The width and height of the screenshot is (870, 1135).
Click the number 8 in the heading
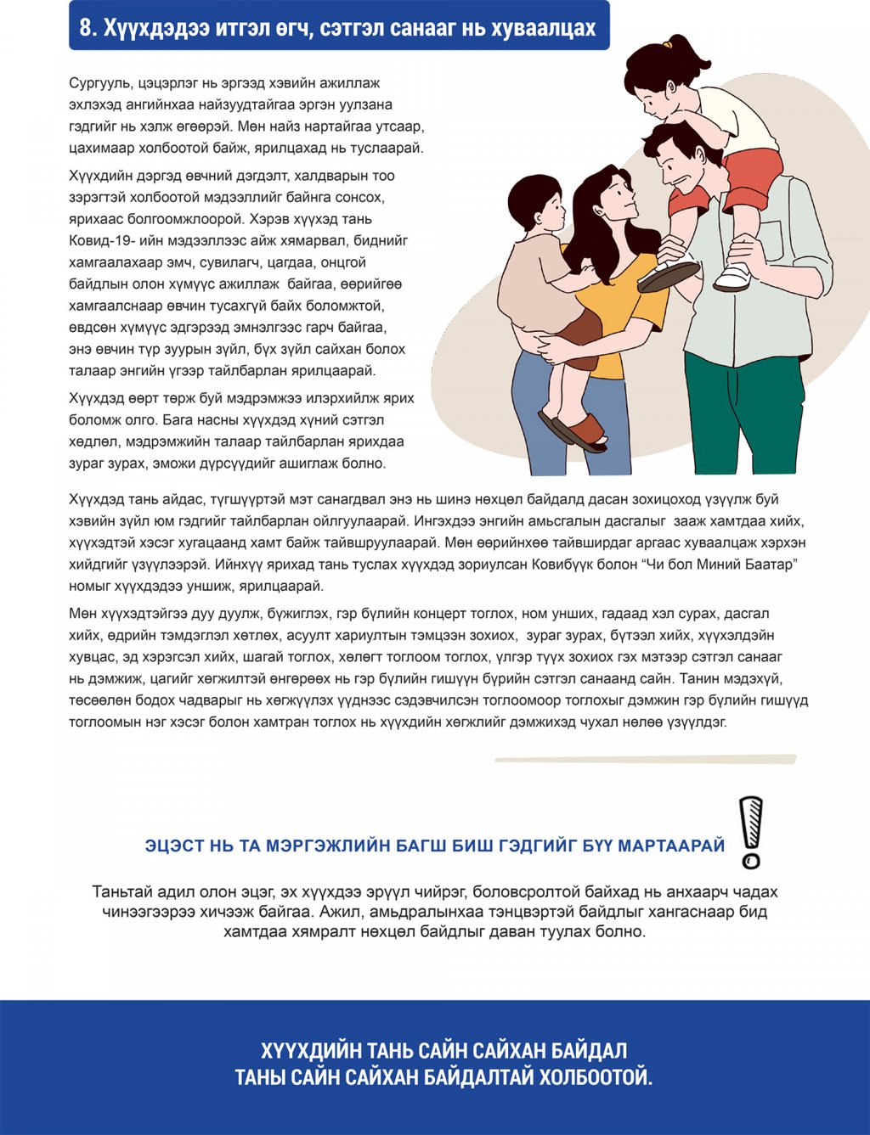click(85, 28)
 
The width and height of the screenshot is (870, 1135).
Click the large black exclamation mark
click(750, 832)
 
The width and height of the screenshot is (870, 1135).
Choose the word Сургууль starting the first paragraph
click(98, 83)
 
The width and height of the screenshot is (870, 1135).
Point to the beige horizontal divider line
click(646, 759)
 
